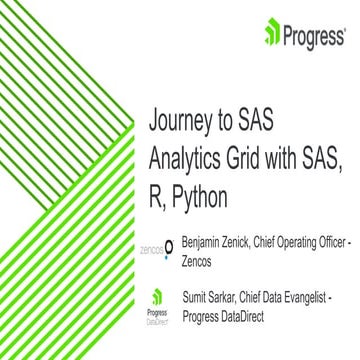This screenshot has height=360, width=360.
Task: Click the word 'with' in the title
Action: coord(292,157)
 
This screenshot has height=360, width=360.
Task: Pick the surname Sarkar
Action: coord(229,297)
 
